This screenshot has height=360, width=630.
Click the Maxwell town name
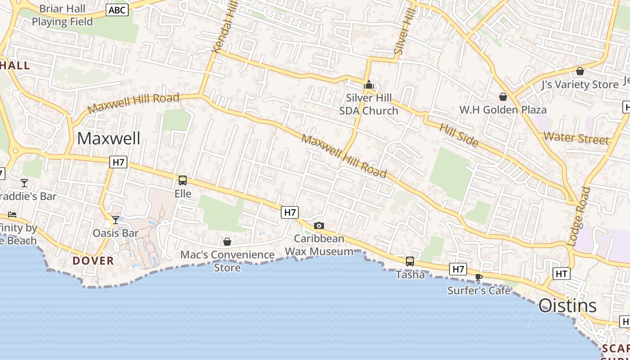(108, 139)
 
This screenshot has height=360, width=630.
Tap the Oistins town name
(567, 306)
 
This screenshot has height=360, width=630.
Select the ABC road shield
(117, 10)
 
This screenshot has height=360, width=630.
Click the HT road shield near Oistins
(561, 273)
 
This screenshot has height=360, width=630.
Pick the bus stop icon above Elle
(183, 180)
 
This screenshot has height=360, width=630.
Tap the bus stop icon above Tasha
(409, 261)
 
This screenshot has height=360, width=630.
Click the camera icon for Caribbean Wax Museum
(319, 225)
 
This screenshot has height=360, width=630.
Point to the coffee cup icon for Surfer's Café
(478, 278)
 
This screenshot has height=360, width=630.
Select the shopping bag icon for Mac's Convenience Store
(227, 242)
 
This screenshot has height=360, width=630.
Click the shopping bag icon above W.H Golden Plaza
(503, 97)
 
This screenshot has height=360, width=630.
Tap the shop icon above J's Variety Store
(580, 71)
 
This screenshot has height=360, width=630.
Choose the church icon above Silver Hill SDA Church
(369, 85)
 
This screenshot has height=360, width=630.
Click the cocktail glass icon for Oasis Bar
(116, 220)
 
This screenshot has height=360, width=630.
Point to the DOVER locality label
(93, 261)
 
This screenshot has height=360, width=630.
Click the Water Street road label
(576, 138)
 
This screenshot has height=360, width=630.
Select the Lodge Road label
(579, 216)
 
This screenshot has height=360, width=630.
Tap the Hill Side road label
(459, 135)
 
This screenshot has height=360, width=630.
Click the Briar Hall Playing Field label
(62, 15)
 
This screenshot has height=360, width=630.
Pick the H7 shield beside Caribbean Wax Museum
(290, 212)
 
